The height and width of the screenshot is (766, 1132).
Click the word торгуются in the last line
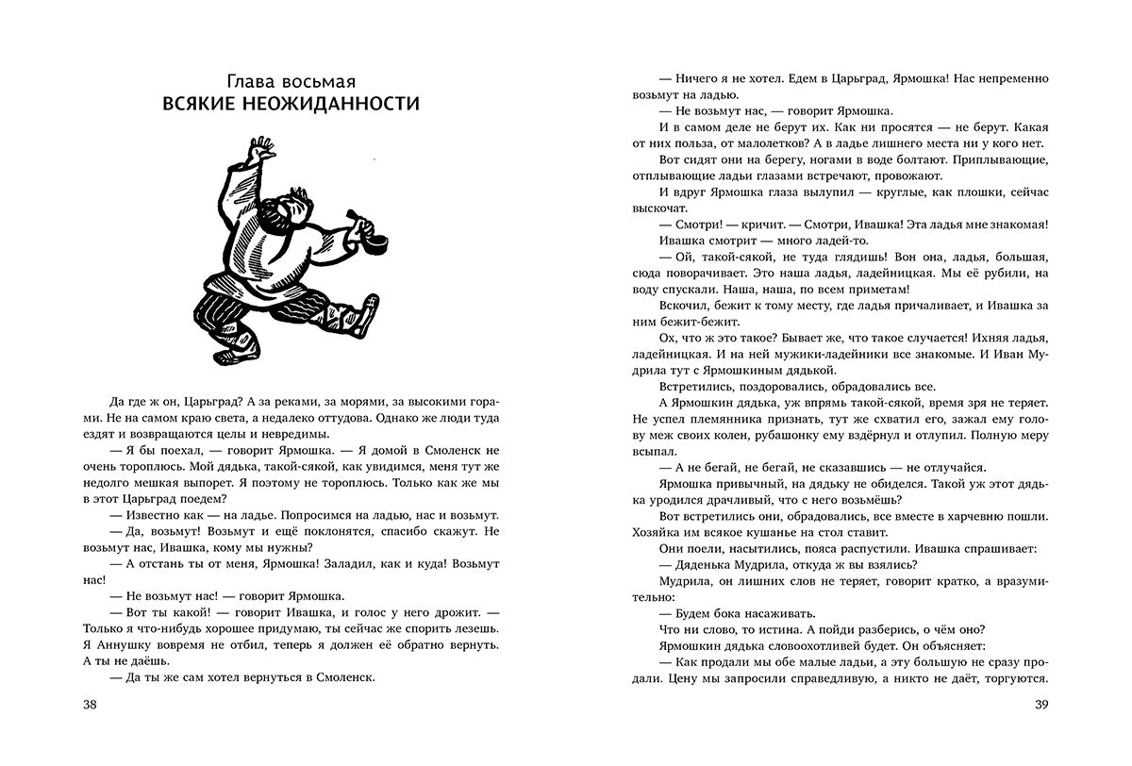[x=1012, y=679]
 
